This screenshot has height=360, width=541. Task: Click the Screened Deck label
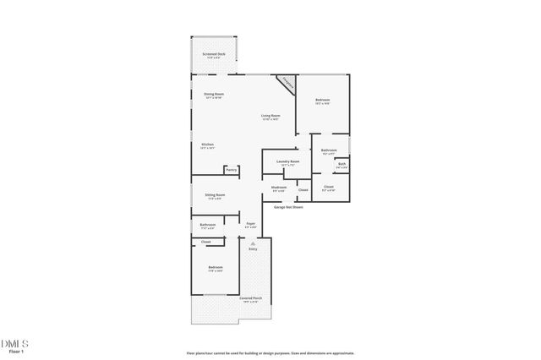coord(213,54)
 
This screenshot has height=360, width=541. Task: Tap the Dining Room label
coord(214,94)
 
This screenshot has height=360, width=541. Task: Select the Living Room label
coord(270,116)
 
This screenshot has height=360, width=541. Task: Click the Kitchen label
coord(207,145)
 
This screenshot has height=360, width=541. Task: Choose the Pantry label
coord(231,170)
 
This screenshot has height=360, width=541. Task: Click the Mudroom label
coord(279,187)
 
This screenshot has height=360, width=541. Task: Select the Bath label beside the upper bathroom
coord(342,164)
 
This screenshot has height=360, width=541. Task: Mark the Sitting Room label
coord(215,195)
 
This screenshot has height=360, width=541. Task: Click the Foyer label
coord(251,224)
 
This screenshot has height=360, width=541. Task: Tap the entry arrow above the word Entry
coord(252,243)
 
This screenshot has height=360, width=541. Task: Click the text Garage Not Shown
coord(287,206)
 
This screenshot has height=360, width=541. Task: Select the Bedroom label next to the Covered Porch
coord(216,268)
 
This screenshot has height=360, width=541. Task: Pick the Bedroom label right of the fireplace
coord(322,101)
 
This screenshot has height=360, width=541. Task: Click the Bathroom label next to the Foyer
coord(207,225)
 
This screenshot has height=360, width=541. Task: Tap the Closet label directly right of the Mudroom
coord(303,190)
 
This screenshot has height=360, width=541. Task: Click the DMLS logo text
coord(15,343)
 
